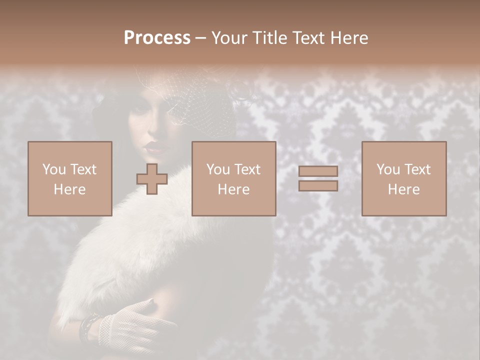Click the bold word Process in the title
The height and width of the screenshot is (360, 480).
157,38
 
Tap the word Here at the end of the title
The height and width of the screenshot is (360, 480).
349,38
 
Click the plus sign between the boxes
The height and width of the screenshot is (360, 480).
152,178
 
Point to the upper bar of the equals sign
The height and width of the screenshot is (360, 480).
318,171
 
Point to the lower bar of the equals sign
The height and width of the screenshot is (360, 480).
318,186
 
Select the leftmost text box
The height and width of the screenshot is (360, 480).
70,178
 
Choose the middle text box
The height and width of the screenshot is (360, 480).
234,178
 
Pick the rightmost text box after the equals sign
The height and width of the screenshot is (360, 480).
404,178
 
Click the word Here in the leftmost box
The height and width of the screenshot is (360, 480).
70,189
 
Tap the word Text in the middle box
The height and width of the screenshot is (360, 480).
247,169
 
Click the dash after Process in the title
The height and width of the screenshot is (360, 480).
200,38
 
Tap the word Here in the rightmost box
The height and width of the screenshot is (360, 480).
404,189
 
